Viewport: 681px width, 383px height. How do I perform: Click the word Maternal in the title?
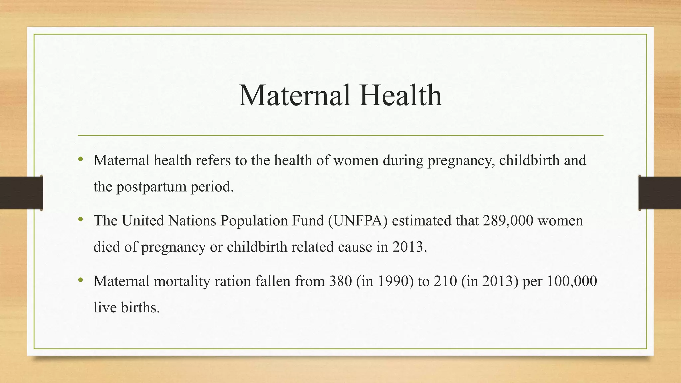pos(294,95)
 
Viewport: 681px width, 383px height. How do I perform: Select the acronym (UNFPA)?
pos(357,221)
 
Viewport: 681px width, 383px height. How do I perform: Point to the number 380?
pos(340,281)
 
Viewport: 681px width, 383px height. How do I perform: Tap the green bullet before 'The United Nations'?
pos(80,220)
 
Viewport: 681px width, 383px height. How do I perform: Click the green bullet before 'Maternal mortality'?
pos(80,280)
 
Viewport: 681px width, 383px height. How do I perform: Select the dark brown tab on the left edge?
pos(21,193)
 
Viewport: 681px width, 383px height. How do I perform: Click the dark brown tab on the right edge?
pos(660,193)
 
